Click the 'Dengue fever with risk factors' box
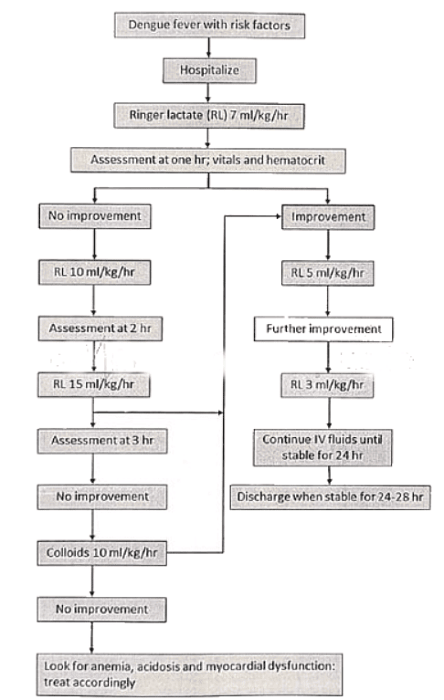tap(209, 25)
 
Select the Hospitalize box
tap(209, 68)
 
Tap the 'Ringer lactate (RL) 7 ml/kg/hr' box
tap(209, 114)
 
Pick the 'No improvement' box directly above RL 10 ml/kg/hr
tap(92, 218)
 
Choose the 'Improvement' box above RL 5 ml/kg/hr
tap(327, 218)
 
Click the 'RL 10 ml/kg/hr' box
tap(92, 271)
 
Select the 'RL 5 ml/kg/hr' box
tap(327, 271)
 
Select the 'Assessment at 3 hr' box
tap(92, 442)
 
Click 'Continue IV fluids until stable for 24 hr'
tap(327, 444)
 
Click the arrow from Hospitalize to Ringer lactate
tap(209, 91)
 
